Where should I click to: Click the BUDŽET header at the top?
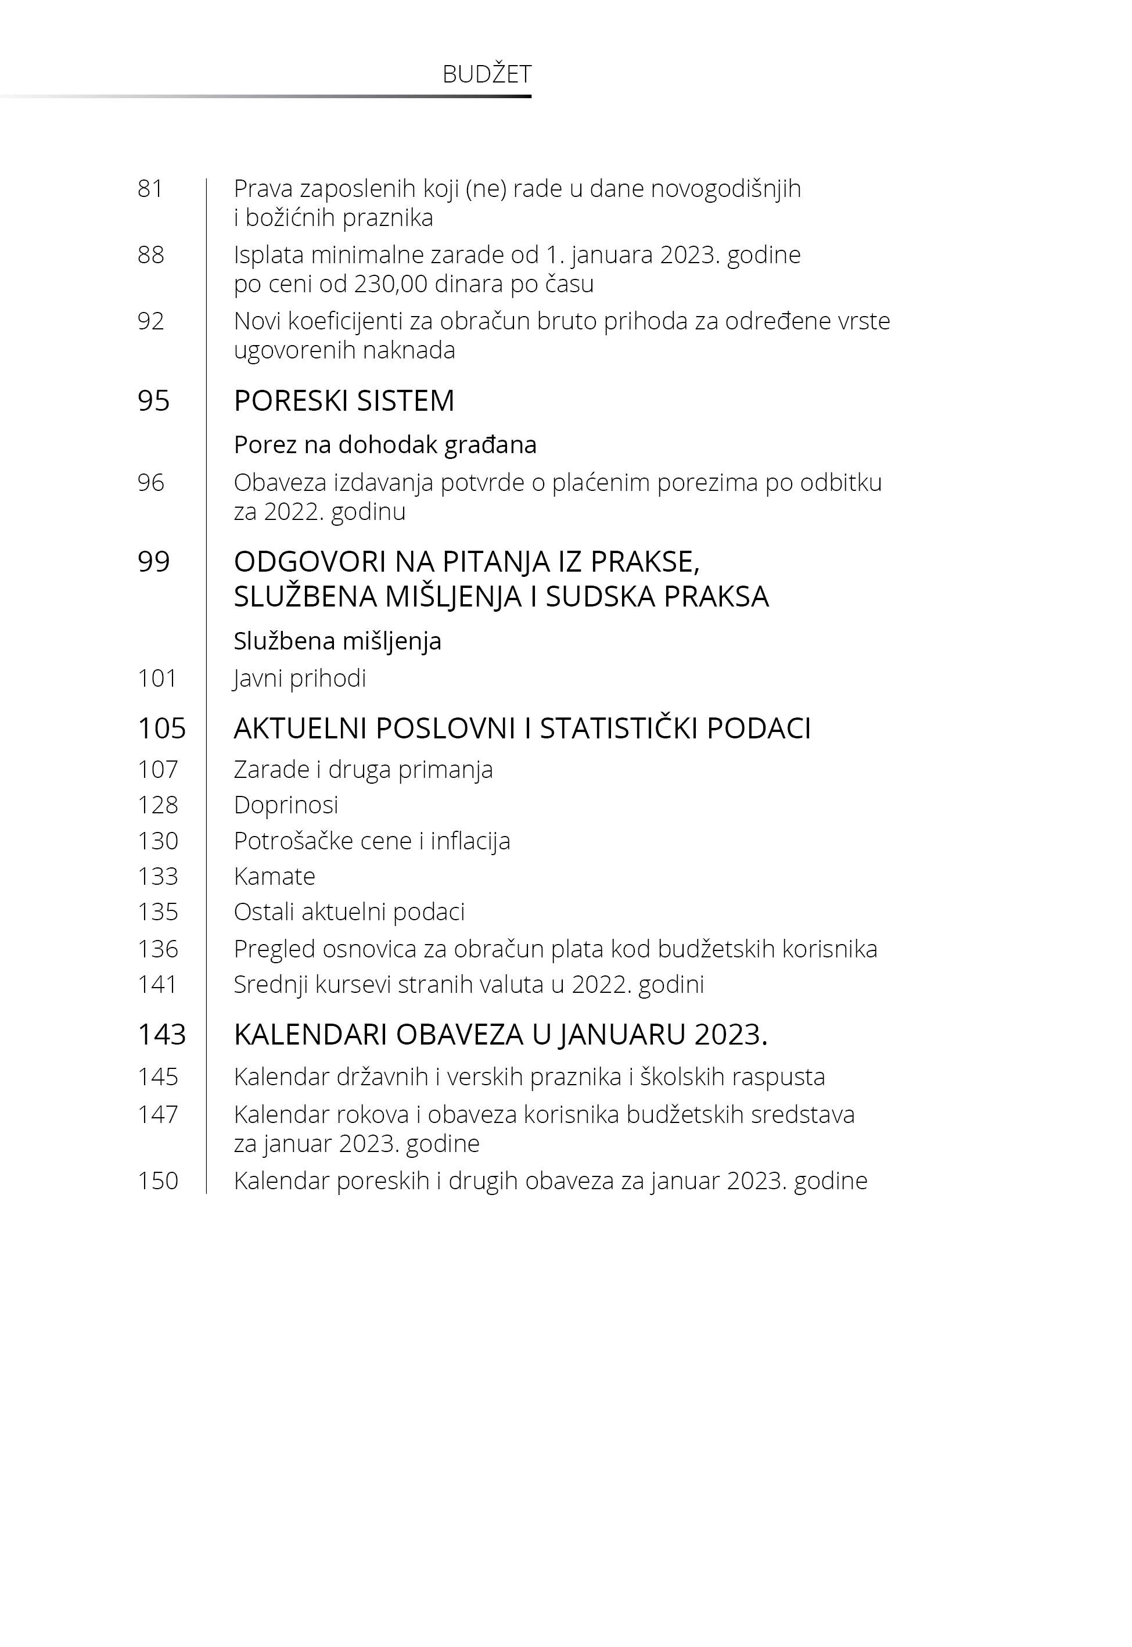click(487, 74)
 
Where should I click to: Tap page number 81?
click(150, 189)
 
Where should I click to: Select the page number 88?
click(150, 254)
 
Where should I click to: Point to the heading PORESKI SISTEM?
click(344, 401)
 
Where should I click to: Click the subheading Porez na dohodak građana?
click(385, 445)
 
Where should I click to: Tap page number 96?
click(150, 483)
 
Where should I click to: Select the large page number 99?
click(154, 562)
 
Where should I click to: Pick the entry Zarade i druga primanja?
click(363, 770)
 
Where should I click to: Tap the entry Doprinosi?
click(286, 805)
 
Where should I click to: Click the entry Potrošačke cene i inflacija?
click(372, 841)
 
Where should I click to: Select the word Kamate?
click(275, 877)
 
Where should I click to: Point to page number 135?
click(157, 912)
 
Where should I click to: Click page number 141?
click(157, 985)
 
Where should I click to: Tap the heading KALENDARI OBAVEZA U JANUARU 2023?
click(500, 1035)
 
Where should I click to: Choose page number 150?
click(157, 1181)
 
